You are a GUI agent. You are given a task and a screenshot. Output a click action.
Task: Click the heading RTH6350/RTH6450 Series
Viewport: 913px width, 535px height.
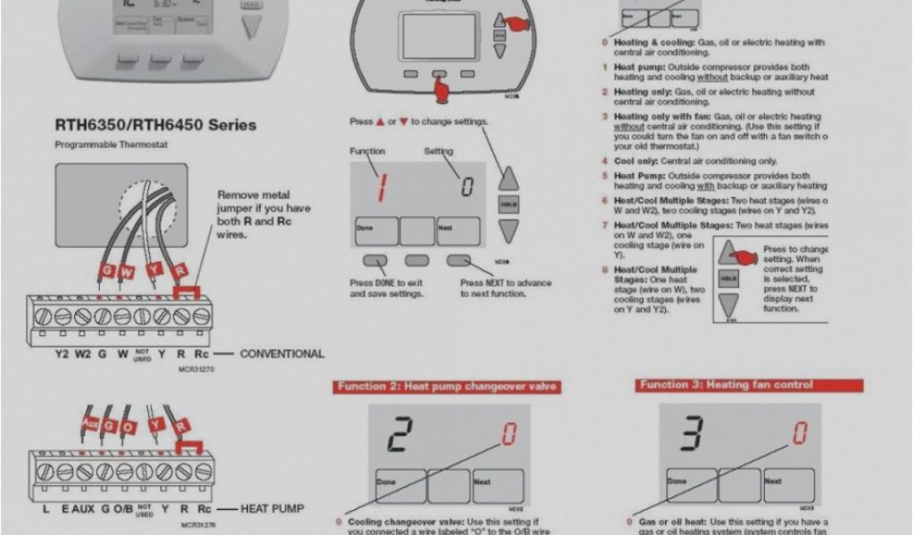[x=155, y=126]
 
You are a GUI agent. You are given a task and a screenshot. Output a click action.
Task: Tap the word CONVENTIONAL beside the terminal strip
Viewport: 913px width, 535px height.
[x=282, y=354]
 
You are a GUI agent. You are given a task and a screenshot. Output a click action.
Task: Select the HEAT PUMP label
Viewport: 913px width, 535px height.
[x=272, y=509]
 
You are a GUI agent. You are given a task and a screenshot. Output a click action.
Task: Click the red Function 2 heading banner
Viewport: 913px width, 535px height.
[x=448, y=386]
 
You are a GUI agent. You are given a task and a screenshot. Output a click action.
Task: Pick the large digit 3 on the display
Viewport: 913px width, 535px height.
[x=693, y=435]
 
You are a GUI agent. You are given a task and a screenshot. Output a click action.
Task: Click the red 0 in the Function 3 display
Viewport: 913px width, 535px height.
[x=800, y=434]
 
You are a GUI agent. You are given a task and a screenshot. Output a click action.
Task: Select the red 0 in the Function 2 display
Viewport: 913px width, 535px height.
[x=509, y=434]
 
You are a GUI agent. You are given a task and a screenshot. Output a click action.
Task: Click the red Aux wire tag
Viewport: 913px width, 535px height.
[x=89, y=423]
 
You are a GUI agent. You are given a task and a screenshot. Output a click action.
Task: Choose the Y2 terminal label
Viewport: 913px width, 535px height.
[x=62, y=354]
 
